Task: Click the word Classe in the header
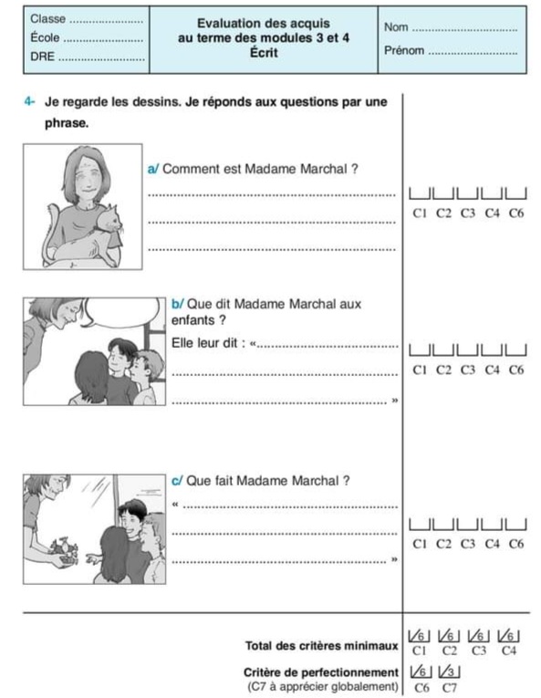[x=47, y=18]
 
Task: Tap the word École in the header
[x=45, y=37]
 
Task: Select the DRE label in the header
[x=42, y=57]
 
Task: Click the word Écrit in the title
[x=264, y=53]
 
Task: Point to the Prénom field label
[x=404, y=50]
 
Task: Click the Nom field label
[x=396, y=27]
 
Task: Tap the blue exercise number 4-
[x=29, y=101]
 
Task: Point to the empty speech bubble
[x=121, y=312]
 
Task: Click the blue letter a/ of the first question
[x=152, y=169]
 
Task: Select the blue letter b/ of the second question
[x=177, y=304]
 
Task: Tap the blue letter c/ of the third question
[x=177, y=481]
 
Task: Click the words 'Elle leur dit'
[x=204, y=343]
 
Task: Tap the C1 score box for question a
[x=420, y=193]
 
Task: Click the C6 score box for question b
[x=516, y=349]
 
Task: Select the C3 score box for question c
[x=467, y=525]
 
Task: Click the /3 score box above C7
[x=449, y=672]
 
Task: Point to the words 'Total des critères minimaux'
[x=321, y=645]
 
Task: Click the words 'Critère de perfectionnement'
[x=320, y=672]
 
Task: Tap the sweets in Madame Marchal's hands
[x=64, y=548]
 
